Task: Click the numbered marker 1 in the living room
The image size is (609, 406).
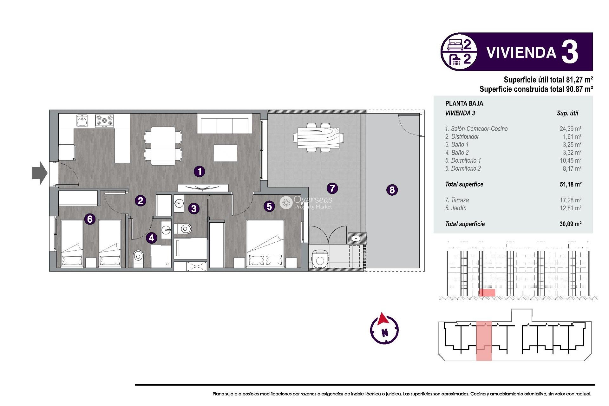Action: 200,172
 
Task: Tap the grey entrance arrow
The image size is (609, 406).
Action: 40,173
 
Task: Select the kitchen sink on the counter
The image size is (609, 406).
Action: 82,121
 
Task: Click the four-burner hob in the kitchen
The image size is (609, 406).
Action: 105,121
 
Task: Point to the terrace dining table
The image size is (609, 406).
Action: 318,138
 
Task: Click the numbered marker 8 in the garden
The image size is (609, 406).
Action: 392,190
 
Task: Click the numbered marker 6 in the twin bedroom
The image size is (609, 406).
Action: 90,219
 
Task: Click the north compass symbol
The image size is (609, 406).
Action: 384,330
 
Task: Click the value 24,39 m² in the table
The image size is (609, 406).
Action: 570,129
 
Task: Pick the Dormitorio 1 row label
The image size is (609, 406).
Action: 463,160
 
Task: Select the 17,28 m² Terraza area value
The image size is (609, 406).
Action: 570,200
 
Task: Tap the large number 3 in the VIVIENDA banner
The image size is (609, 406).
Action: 570,52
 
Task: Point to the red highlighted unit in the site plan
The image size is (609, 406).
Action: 484,341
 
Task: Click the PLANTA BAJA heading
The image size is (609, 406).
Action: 464,103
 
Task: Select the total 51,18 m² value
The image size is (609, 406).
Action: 570,184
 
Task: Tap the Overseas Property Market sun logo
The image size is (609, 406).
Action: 286,202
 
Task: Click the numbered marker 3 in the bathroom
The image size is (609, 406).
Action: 194,208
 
